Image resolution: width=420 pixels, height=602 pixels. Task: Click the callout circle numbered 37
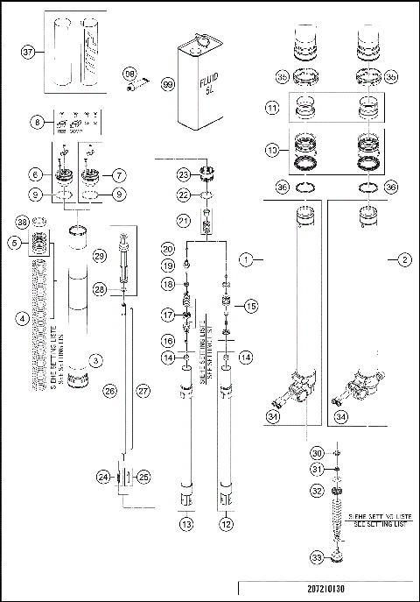(x=28, y=52)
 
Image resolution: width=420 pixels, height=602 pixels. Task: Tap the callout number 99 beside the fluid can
(x=167, y=85)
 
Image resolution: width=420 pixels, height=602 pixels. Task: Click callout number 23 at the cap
(x=184, y=174)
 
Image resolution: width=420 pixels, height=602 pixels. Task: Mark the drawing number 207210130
(x=328, y=589)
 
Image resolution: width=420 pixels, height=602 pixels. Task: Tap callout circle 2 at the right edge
(x=404, y=259)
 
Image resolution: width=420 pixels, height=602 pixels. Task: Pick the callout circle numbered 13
(x=185, y=524)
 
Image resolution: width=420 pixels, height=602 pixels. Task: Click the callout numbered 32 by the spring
(x=317, y=492)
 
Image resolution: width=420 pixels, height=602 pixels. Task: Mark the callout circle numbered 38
(x=24, y=222)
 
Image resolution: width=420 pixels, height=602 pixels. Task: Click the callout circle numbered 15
(x=251, y=307)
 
